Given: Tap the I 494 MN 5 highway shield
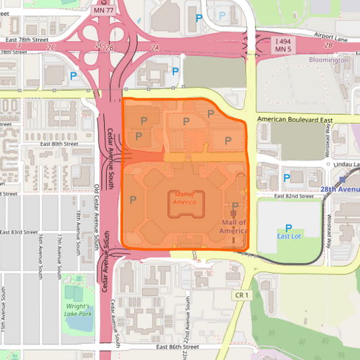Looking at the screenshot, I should [x=284, y=45].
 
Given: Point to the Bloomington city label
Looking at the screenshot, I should [x=329, y=60].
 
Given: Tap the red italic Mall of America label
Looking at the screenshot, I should [x=184, y=197].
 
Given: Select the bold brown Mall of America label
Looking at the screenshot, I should [x=233, y=227].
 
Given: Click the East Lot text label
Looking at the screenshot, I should [x=289, y=236].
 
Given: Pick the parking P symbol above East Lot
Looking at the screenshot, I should [x=289, y=228].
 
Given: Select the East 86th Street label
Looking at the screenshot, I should [x=178, y=346].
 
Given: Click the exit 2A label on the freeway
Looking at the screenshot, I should [x=155, y=47].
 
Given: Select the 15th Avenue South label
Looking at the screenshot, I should [x=5, y=311].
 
